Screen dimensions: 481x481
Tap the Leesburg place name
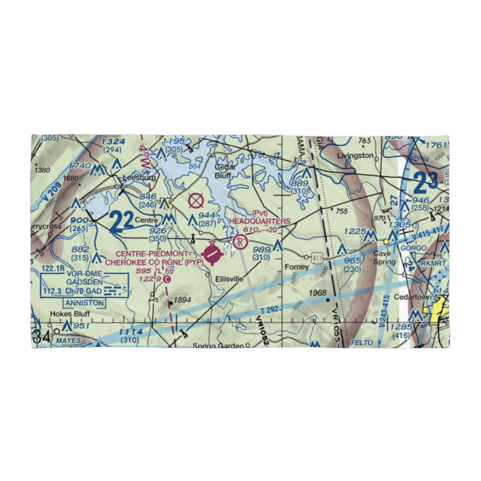tap(139, 177)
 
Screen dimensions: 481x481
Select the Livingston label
tap(355, 156)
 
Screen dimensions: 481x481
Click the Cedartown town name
tap(412, 297)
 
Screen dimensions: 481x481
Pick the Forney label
tap(297, 267)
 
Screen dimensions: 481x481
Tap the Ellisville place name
tap(229, 279)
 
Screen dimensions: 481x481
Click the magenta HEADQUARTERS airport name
tap(260, 221)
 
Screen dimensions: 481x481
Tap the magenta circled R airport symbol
tap(240, 242)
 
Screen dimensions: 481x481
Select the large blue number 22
tap(121, 222)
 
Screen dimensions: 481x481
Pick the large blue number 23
tap(426, 183)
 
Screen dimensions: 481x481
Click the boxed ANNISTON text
tap(84, 303)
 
